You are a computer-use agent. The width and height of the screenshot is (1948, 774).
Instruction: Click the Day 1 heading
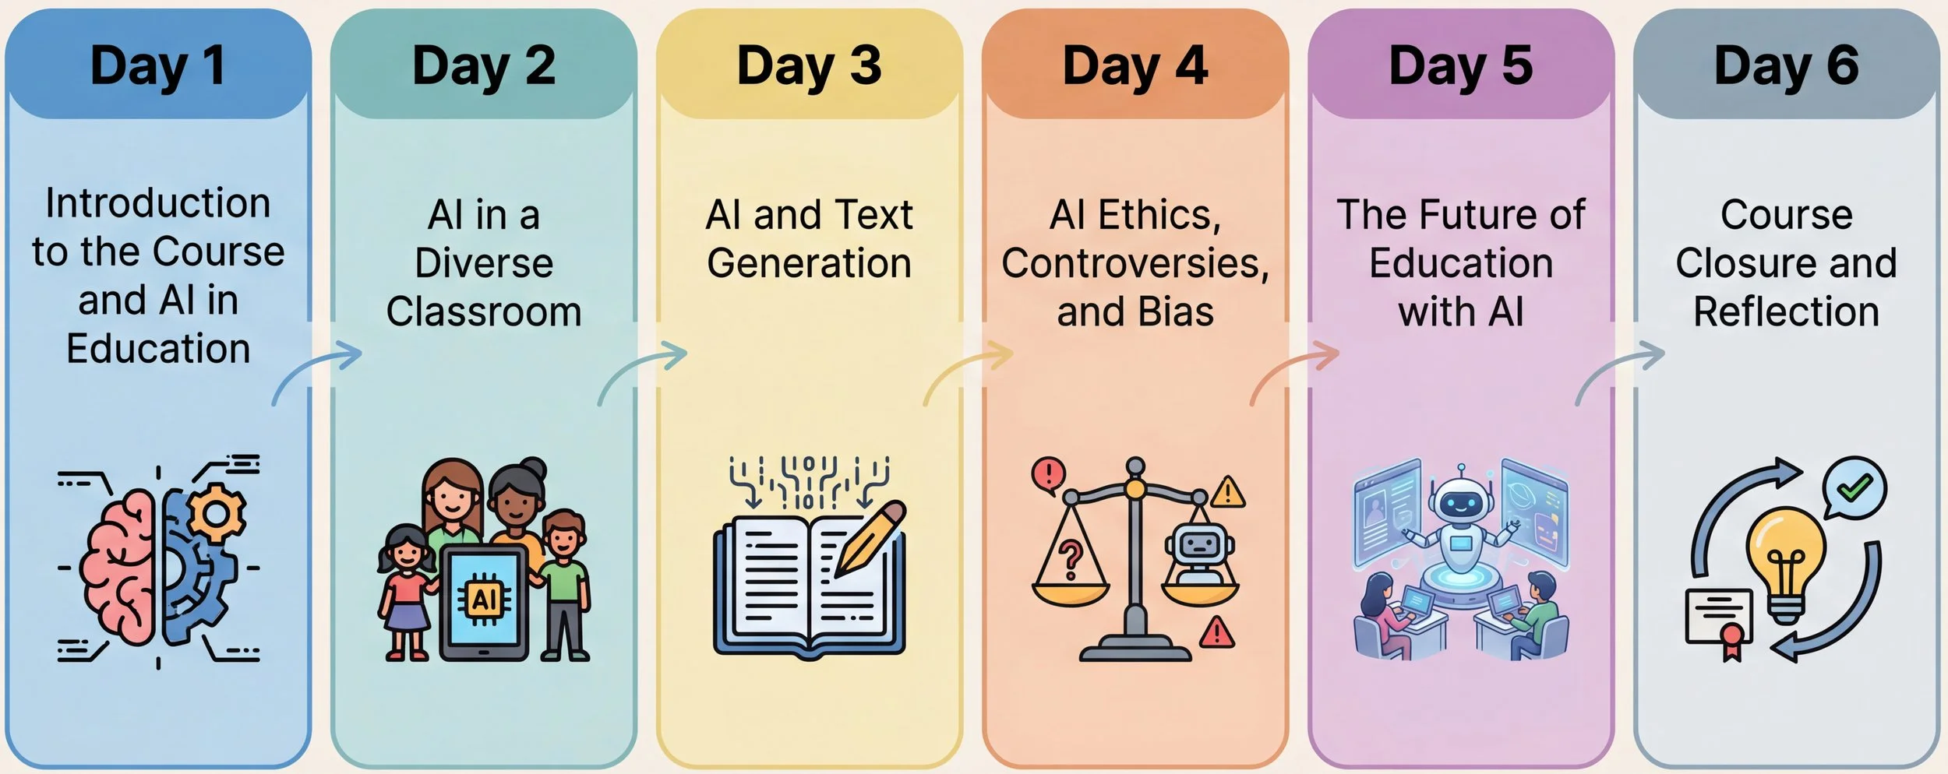pyautogui.click(x=158, y=66)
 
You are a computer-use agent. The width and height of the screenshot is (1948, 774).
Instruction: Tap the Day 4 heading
pyautogui.click(x=1135, y=66)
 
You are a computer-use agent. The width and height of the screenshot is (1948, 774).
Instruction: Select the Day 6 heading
pyautogui.click(x=1786, y=66)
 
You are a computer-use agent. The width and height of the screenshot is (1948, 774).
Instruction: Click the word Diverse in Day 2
pyautogui.click(x=484, y=263)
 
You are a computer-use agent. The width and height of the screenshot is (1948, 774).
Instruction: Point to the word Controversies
pyautogui.click(x=1135, y=263)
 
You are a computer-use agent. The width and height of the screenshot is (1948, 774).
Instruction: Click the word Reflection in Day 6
pyautogui.click(x=1786, y=312)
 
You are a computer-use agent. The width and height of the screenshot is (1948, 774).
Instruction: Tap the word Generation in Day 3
pyautogui.click(x=809, y=263)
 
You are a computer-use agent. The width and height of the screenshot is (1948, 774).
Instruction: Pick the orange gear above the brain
pyautogui.click(x=217, y=512)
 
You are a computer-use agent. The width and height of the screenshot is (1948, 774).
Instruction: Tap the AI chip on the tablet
pyautogui.click(x=484, y=600)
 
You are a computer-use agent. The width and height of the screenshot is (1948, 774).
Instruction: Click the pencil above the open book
pyautogui.click(x=871, y=537)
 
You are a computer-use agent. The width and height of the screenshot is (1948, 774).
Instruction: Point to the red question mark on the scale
pyautogui.click(x=1071, y=559)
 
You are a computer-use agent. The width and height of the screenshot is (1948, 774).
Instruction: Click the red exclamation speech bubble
pyautogui.click(x=1050, y=473)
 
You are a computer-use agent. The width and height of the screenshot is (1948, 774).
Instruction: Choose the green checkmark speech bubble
pyautogui.click(x=1854, y=487)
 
